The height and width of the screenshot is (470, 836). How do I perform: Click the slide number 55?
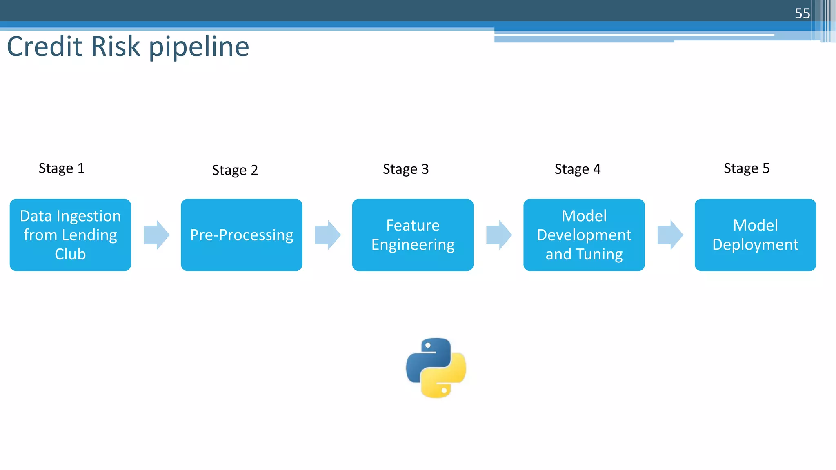click(802, 13)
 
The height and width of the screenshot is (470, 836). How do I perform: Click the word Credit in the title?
click(45, 47)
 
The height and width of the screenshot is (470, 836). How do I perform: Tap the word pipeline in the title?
click(199, 47)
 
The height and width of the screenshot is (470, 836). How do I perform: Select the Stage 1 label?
click(62, 168)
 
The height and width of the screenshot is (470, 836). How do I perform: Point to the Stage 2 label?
click(235, 170)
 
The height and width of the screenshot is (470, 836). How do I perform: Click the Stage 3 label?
click(406, 169)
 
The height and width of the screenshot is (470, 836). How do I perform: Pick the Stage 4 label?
click(577, 169)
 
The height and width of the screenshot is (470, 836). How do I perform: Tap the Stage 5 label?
click(747, 168)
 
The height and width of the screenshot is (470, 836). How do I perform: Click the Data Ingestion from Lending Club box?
click(70, 235)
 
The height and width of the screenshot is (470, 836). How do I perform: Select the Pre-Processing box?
click(242, 235)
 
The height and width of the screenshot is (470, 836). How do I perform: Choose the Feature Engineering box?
click(413, 235)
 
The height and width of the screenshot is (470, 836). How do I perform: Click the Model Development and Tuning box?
click(584, 235)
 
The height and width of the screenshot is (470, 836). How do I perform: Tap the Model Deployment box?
click(755, 235)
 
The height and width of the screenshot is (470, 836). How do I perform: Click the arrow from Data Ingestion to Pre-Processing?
click(156, 235)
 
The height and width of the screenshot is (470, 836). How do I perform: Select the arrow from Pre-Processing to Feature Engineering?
click(328, 235)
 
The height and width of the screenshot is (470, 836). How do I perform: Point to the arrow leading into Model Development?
click(499, 235)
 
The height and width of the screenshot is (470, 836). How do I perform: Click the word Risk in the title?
click(116, 47)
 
